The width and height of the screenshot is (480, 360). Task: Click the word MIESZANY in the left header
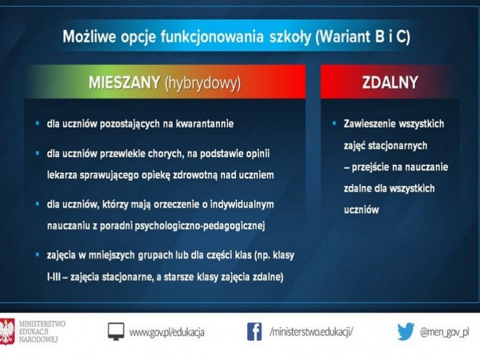125,82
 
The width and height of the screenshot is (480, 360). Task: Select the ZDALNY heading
390,82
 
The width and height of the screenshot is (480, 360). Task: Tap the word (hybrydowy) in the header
203,83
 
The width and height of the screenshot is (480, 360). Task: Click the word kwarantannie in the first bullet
205,124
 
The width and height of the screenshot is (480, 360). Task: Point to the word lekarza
62,175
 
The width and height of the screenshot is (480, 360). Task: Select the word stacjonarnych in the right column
398,146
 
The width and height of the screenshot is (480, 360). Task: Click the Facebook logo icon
254,332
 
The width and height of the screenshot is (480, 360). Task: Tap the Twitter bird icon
406,332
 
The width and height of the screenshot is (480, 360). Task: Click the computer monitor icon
116,332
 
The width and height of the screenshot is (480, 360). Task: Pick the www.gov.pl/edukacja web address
167,332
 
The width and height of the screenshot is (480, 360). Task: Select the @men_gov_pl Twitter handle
445,332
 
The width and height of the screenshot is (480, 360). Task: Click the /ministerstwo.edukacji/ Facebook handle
311,332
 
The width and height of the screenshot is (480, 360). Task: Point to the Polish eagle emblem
7,332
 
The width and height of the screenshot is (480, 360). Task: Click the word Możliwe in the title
89,37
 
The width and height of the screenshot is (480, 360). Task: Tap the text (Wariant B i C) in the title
362,37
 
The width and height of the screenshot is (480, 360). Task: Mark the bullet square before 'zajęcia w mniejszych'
37,254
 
